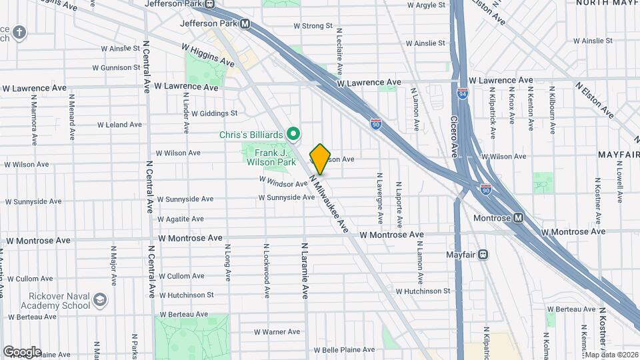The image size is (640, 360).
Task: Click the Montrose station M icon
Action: [518, 218]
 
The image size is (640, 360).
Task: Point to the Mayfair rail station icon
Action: [483, 254]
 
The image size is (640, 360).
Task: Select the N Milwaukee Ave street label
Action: [329, 203]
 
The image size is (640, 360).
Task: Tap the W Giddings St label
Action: [214, 113]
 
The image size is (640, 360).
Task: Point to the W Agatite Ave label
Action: [181, 219]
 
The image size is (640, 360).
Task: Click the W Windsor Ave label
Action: [283, 181]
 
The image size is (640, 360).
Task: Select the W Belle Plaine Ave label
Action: [344, 349]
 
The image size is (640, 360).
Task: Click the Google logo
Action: [22, 351]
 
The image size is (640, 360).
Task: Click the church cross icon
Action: [20, 32]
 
